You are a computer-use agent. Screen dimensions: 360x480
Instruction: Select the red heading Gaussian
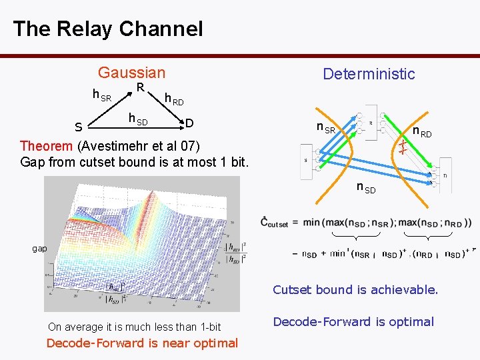(x=131, y=73)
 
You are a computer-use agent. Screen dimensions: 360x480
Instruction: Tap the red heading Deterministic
(x=369, y=74)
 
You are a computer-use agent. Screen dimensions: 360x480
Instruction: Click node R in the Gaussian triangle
(x=141, y=88)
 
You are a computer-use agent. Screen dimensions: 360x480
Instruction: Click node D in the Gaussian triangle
(x=189, y=123)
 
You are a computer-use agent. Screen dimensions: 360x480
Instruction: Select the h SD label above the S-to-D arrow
(x=137, y=119)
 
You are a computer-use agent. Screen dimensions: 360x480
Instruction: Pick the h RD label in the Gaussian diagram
(x=174, y=100)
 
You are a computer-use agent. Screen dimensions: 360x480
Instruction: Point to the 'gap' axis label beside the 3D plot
(x=40, y=248)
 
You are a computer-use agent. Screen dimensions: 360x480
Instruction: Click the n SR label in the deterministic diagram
(x=326, y=128)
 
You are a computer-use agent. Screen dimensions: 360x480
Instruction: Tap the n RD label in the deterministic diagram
(x=422, y=132)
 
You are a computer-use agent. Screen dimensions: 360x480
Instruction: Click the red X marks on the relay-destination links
(x=403, y=146)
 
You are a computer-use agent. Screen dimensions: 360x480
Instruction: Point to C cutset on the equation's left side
(x=274, y=223)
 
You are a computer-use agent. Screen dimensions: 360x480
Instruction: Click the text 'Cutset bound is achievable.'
(x=355, y=290)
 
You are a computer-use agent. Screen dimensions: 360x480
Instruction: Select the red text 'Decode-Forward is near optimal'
(x=142, y=343)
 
